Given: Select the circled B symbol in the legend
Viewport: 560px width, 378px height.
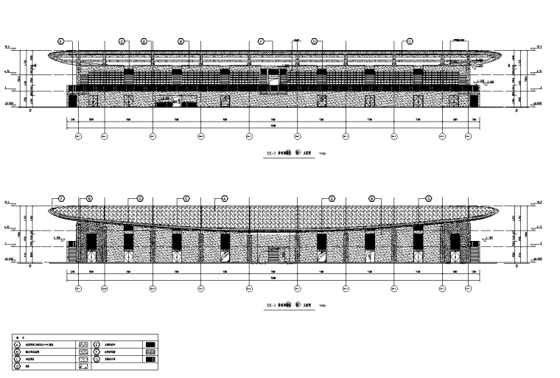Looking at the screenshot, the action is tap(17, 351).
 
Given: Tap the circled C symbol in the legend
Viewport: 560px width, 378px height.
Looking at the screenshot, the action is tap(17, 358).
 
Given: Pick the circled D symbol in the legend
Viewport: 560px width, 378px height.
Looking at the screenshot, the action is tap(17, 365).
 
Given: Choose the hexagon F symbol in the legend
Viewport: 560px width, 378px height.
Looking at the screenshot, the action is tap(97, 351).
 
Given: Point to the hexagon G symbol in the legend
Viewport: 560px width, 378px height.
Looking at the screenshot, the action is tap(97, 358).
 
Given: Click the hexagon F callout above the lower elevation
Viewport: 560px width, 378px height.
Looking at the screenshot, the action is tap(62, 198).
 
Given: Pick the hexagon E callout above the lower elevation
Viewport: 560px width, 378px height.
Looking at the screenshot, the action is tap(186, 198).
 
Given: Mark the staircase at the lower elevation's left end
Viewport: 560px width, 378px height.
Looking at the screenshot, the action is tap(71, 253).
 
